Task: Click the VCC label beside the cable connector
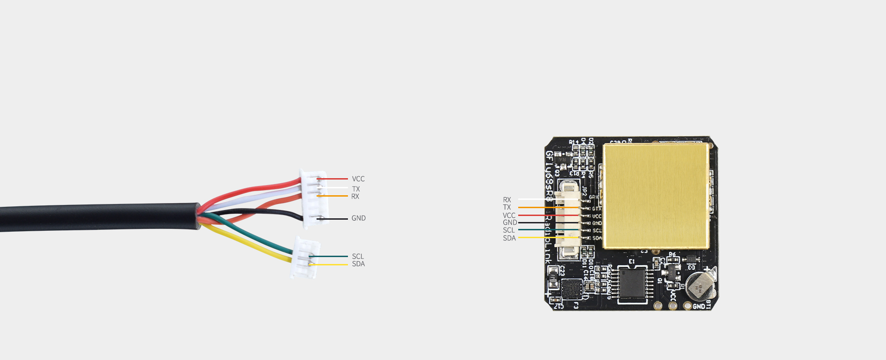pos(358,179)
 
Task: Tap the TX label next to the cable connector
pos(356,189)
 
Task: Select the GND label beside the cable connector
pos(359,218)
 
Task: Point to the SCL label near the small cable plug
pos(358,257)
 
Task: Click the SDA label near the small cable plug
pos(358,264)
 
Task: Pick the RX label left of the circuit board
pos(507,200)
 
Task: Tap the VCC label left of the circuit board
pos(509,216)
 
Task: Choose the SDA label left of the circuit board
pos(509,238)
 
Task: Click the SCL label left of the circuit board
pos(509,230)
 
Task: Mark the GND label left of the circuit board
pos(509,222)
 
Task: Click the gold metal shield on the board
pos(656,196)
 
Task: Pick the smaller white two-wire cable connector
pos(305,258)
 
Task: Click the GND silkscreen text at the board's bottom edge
pos(699,306)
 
